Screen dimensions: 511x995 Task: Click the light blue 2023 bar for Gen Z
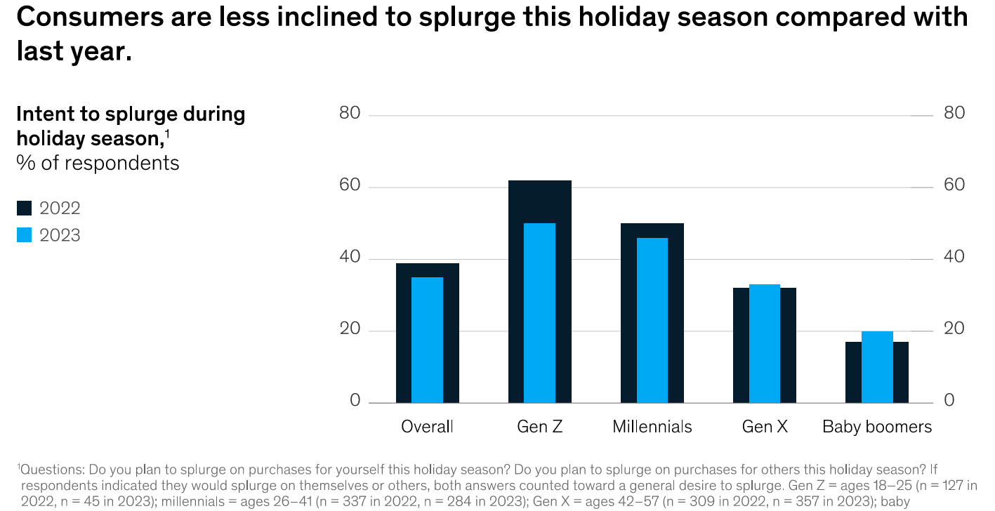(539, 312)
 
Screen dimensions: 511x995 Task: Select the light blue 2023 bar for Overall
(427, 340)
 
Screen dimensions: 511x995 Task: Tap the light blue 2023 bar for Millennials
(652, 320)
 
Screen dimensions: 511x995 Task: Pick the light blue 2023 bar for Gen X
(764, 343)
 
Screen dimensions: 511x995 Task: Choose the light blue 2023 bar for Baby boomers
(876, 366)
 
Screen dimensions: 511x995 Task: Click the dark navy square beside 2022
(25, 208)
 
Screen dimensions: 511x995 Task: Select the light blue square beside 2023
(25, 235)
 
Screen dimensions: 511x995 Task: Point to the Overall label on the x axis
(427, 427)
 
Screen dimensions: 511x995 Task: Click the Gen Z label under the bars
(539, 427)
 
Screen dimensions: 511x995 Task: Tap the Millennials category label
(652, 427)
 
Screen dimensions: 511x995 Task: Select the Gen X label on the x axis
(764, 427)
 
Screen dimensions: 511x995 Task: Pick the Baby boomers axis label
(876, 427)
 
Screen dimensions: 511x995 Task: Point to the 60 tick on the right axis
(954, 185)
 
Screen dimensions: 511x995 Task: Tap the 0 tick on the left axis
(355, 401)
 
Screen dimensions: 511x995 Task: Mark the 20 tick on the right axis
(954, 329)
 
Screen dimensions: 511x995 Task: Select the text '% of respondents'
(98, 164)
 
